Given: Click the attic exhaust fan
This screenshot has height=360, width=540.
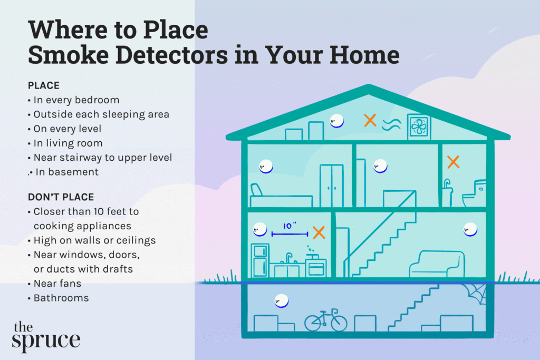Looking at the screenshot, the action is tap(419, 127).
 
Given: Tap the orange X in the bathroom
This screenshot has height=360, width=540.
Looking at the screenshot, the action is tap(453, 162).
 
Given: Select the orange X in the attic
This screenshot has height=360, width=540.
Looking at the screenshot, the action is tap(370, 120).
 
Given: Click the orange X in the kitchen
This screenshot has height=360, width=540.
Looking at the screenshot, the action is tap(319, 232).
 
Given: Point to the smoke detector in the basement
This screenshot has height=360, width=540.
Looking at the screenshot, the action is tap(282, 301).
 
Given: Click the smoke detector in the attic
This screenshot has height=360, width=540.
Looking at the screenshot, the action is tap(336, 121).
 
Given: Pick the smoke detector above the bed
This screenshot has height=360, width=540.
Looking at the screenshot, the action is tap(266, 167).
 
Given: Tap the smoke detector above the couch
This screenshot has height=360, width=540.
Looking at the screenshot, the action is tap(470, 229).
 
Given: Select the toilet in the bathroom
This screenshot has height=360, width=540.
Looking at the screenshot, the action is tap(475, 193).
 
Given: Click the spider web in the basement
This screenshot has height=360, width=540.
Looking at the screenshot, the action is tap(476, 294).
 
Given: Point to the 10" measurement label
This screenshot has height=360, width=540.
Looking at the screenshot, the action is tap(290, 226).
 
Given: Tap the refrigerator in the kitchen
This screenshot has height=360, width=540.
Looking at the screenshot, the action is tap(260, 260).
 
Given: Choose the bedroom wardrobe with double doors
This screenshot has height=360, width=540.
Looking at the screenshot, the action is tap(332, 186).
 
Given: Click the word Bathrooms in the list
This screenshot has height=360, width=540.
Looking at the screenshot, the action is tap(61, 298).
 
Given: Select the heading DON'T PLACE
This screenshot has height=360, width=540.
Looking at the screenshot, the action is tap(61, 197).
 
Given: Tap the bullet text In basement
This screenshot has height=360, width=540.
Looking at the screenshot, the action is tap(67, 172).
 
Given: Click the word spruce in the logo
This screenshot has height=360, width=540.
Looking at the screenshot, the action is tap(46, 340).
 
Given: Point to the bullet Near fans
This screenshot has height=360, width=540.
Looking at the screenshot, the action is tap(57, 283).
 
